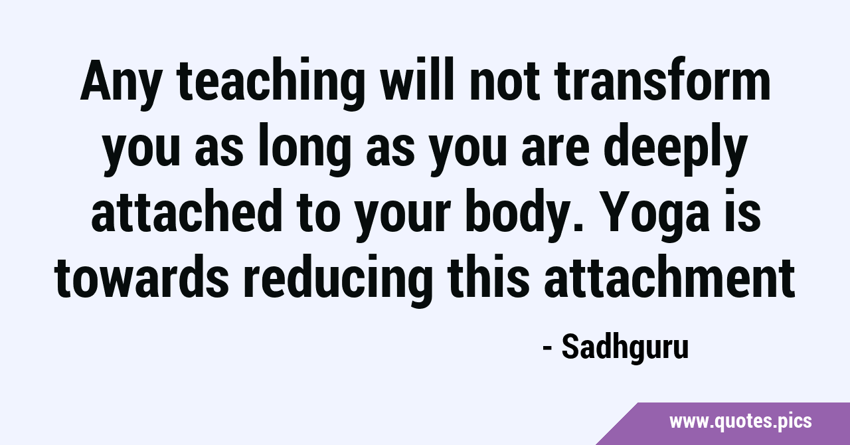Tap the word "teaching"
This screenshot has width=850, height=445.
[x=270, y=84]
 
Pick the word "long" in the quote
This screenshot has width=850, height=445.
[x=304, y=149]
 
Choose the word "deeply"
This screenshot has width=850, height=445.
[x=676, y=149]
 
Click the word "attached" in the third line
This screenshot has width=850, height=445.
[x=187, y=210]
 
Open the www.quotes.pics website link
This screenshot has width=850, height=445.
[x=740, y=422]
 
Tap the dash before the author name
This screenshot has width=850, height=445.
[x=547, y=349]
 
